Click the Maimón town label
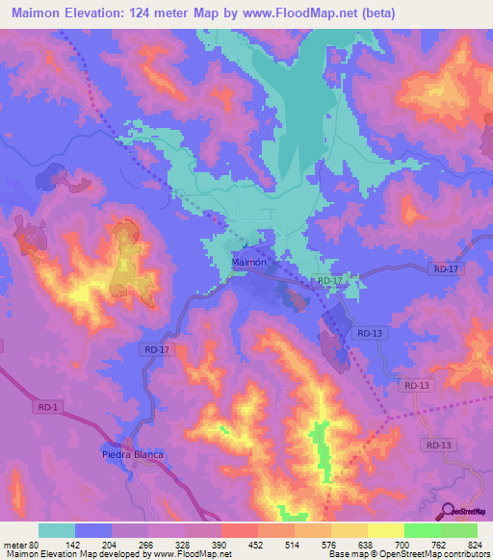click(x=249, y=262)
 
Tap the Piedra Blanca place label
click(x=133, y=454)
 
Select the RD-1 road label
click(x=48, y=408)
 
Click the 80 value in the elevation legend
click(x=35, y=544)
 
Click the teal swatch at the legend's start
click(x=57, y=530)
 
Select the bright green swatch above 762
click(x=422, y=530)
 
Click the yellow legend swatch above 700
click(x=385, y=530)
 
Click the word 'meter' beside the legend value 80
click(x=14, y=544)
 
